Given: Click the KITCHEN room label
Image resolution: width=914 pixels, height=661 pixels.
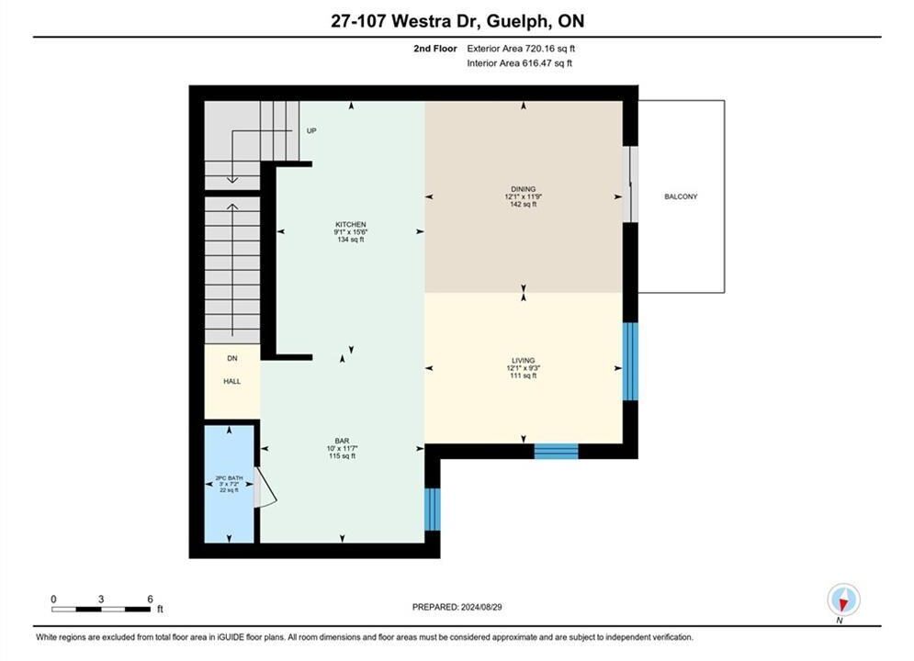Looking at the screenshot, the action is [x=350, y=224].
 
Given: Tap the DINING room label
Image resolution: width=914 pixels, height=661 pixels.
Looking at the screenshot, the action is [x=523, y=189].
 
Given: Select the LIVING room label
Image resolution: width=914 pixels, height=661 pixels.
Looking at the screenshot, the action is [x=523, y=361].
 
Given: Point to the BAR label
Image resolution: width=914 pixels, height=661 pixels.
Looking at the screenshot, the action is [x=342, y=441].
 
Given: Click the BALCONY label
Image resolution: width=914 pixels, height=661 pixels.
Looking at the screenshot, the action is [x=681, y=196].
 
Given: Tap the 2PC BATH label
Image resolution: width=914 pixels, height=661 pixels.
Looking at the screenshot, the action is [x=229, y=478].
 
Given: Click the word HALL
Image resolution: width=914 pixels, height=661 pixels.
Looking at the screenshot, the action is [x=232, y=382].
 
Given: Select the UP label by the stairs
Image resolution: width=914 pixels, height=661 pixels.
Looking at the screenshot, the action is [x=311, y=131].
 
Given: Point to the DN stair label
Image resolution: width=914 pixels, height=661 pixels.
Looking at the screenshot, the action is [x=232, y=358].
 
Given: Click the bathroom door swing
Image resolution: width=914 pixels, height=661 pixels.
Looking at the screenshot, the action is [x=265, y=487].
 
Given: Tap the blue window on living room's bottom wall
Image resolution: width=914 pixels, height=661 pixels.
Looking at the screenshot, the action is [x=556, y=452].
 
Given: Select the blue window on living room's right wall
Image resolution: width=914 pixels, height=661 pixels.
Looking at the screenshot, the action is [x=630, y=361].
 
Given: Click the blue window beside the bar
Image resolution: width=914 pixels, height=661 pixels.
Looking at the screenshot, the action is [x=432, y=509].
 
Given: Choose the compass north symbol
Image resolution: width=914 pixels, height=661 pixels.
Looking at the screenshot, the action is [x=843, y=599].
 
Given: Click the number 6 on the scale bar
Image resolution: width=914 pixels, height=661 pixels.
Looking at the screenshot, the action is [x=150, y=599].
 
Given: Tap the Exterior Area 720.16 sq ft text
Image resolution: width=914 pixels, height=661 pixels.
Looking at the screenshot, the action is [x=521, y=49].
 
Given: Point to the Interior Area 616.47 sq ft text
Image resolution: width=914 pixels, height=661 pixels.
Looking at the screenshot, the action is [x=519, y=63].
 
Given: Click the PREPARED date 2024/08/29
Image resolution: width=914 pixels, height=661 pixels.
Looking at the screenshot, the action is [x=481, y=607].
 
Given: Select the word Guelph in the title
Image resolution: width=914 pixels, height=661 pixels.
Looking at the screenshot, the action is [x=517, y=21].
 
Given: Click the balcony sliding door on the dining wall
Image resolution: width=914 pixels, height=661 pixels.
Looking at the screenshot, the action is [x=630, y=184].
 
